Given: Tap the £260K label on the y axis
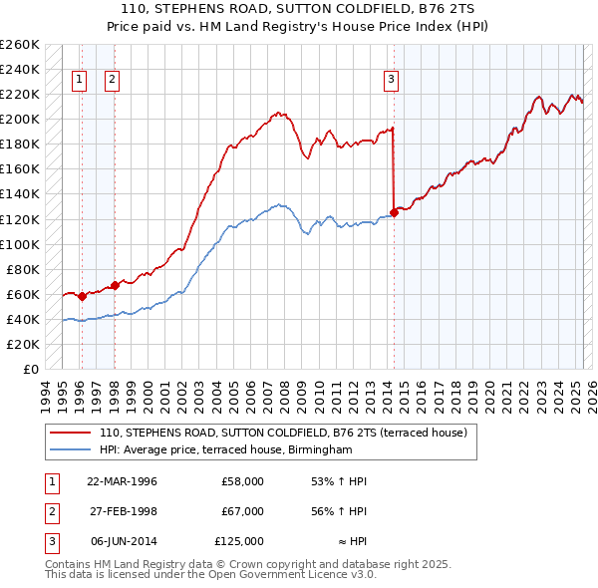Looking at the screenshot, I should pyautogui.click(x=20, y=45).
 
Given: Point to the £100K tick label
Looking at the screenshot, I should pyautogui.click(x=20, y=244).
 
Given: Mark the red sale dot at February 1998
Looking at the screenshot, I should pyautogui.click(x=115, y=285).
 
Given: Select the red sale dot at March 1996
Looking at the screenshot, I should pyautogui.click(x=82, y=296).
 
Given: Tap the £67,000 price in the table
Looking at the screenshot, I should pyautogui.click(x=242, y=511).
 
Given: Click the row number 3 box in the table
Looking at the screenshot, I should pyautogui.click(x=49, y=541).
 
